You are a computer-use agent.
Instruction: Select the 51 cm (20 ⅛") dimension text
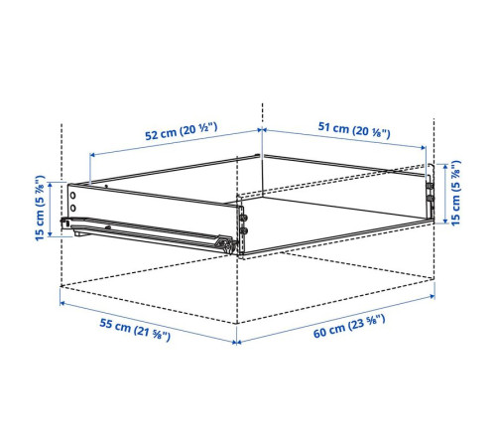tap(354, 130)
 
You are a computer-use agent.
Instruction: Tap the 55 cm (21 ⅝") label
tap(135, 330)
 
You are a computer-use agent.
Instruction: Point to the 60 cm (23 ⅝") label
tap(349, 327)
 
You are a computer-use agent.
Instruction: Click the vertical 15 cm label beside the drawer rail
tap(40, 208)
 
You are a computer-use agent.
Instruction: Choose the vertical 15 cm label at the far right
tap(455, 193)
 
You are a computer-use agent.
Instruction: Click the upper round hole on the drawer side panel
tap(72, 196)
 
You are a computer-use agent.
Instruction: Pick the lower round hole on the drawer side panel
tap(72, 208)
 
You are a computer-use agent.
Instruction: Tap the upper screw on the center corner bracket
tap(245, 218)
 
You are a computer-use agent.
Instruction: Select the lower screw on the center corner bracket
tap(245, 230)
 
